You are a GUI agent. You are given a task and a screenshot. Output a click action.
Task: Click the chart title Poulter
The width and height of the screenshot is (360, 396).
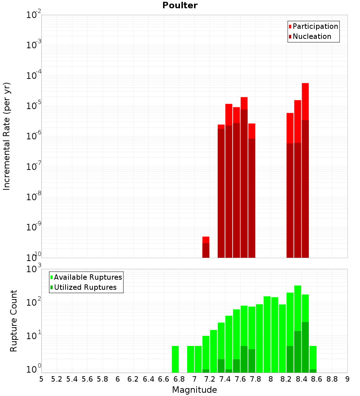(180, 5)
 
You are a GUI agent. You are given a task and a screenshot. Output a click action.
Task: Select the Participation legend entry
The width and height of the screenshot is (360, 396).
(313, 26)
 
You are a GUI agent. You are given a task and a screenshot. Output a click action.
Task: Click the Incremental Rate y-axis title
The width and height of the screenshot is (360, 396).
(7, 136)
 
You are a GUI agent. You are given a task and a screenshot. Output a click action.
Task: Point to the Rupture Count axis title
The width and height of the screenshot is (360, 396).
(14, 321)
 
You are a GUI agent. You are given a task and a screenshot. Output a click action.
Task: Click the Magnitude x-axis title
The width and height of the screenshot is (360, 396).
(194, 390)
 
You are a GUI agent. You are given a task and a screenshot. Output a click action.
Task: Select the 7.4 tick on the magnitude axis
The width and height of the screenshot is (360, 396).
(225, 379)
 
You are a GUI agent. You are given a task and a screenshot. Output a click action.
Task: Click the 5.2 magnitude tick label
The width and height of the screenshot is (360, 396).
(57, 379)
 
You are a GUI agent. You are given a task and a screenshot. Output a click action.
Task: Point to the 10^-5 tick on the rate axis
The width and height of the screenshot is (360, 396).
(34, 106)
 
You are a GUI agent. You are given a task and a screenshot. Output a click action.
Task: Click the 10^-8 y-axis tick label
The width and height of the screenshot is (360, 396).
(34, 197)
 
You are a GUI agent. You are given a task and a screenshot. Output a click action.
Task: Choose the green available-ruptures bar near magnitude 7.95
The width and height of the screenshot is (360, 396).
(267, 334)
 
